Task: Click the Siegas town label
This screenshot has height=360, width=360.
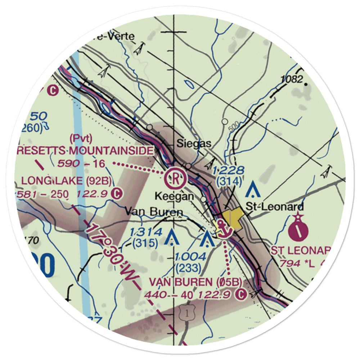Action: (194, 144)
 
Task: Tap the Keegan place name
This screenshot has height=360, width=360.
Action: (174, 197)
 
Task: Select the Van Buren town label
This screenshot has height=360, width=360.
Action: (154, 212)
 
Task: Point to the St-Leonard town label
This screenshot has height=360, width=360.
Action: (275, 207)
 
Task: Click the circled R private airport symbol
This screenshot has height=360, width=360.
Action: (175, 177)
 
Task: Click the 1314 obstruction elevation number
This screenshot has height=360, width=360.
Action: (146, 232)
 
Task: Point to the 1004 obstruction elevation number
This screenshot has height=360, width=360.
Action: (190, 257)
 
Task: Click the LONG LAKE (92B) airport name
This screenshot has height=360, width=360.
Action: (67, 180)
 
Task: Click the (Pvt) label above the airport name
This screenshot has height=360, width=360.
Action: (81, 138)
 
